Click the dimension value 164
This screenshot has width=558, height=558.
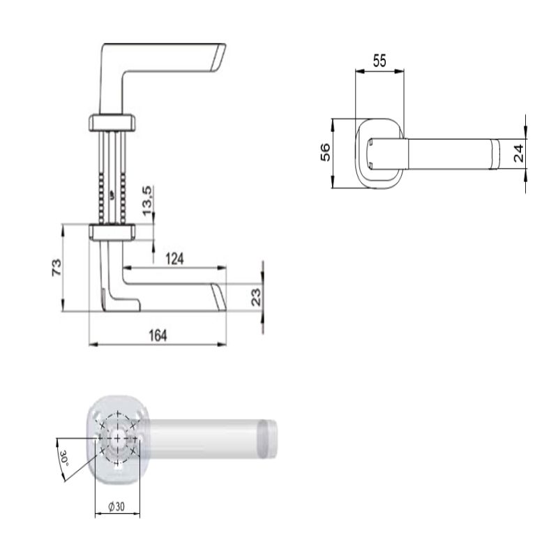click(x=158, y=335)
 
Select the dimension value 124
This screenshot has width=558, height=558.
click(x=174, y=259)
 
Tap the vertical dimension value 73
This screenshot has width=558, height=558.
click(x=56, y=268)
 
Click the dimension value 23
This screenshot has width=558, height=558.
click(x=255, y=296)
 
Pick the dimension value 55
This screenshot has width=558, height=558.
click(x=379, y=61)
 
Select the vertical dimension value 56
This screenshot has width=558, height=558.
click(x=325, y=153)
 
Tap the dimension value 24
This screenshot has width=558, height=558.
click(x=518, y=153)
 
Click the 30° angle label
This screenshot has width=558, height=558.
click(x=63, y=459)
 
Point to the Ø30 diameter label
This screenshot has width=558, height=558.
click(x=116, y=508)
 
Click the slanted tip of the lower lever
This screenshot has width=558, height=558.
click(x=220, y=296)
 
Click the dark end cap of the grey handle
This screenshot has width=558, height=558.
click(x=269, y=439)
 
